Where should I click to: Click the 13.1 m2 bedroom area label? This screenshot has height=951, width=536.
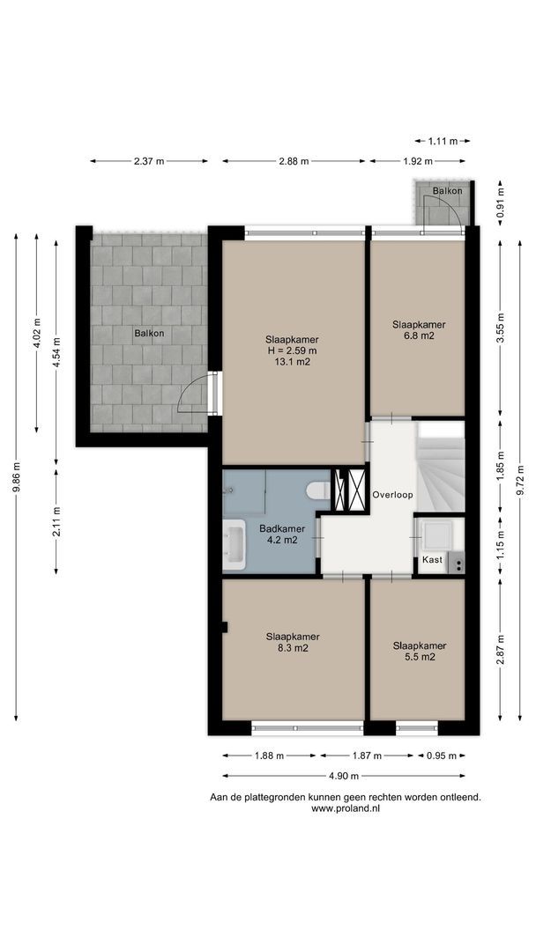pos(292,350)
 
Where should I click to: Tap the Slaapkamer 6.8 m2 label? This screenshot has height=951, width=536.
pos(419,329)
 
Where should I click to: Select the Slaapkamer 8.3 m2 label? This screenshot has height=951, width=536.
pos(293,642)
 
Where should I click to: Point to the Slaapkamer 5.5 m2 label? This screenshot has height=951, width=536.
pos(420,651)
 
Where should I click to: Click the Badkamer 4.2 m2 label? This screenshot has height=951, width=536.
pos(282,534)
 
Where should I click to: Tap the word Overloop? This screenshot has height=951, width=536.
pos(392,494)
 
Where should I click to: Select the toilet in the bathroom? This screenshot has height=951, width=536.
pos(318,490)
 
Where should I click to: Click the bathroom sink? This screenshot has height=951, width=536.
pos(234,544)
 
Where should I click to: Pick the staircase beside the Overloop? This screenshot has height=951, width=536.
pos(442,467)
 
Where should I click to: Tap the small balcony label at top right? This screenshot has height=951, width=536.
pos(447,190)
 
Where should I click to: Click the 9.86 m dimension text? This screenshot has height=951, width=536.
pos(17,478)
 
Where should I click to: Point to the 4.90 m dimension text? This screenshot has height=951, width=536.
pos(344,776)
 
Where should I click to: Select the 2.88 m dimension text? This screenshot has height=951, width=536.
pos(294,161)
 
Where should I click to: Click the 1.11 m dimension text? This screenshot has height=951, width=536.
pos(443,141)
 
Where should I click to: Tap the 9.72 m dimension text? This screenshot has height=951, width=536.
pos(520,479)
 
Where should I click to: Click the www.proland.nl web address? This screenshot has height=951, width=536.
pos(346,807)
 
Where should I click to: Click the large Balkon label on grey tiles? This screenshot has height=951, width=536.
pos(149,333)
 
